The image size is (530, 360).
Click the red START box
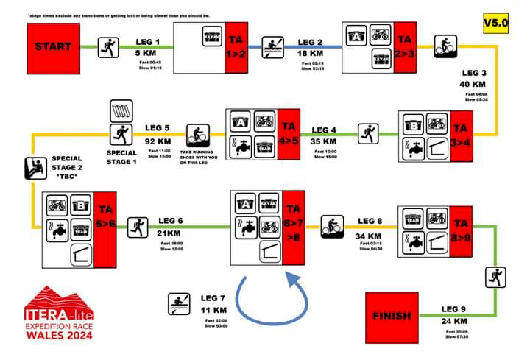tap(54, 46)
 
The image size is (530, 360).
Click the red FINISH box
tap(392, 316)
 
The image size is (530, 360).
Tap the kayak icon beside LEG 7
tap(178, 302)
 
